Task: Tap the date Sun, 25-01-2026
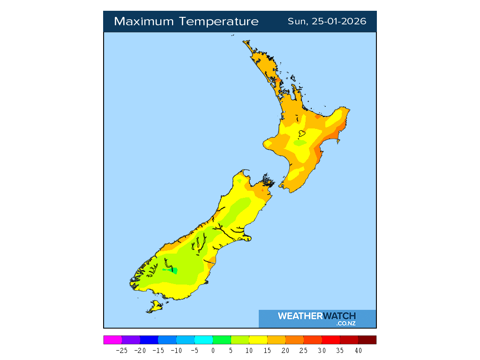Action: [327, 22]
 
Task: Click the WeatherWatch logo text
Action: [316, 316]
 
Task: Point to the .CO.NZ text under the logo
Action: [345, 323]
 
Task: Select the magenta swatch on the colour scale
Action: [112, 340]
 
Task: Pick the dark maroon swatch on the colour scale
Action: [367, 340]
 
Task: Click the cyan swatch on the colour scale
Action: [203, 340]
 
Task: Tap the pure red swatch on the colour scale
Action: [330, 340]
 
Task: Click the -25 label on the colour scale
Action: [121, 351]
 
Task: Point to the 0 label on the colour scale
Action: [213, 351]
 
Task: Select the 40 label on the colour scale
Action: [358, 351]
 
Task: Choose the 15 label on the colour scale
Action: [267, 351]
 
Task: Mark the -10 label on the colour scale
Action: [176, 351]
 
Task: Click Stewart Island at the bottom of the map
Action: [155, 307]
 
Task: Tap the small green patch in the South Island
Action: [174, 270]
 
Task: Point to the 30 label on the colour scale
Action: [322, 351]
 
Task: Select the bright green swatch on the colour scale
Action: [222, 340]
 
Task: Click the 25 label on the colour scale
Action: [303, 351]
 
